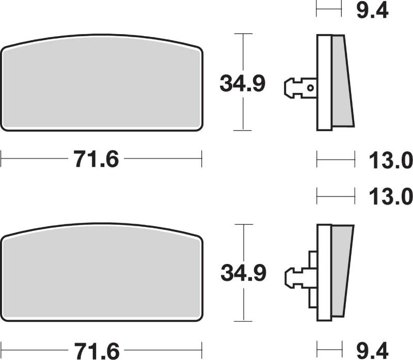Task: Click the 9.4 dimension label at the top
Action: (372, 11)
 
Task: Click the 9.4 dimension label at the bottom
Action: (372, 350)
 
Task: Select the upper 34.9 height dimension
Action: (242, 84)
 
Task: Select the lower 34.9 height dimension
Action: (243, 273)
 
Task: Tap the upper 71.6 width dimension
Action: (97, 159)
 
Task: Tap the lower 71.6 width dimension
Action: (97, 351)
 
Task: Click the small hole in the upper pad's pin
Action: (311, 88)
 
